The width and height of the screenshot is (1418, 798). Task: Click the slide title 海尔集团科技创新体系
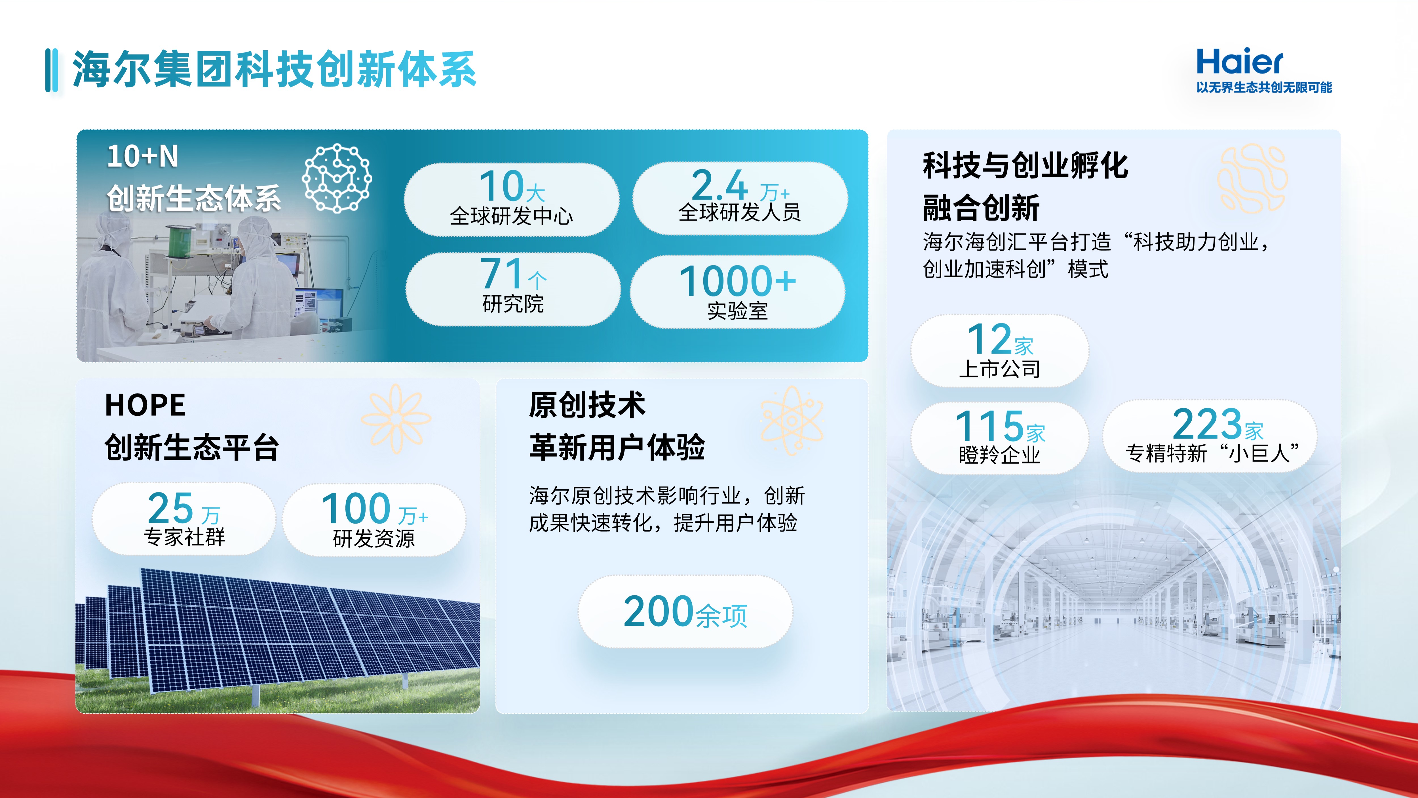274,70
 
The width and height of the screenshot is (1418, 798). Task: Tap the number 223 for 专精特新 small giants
1207,423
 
